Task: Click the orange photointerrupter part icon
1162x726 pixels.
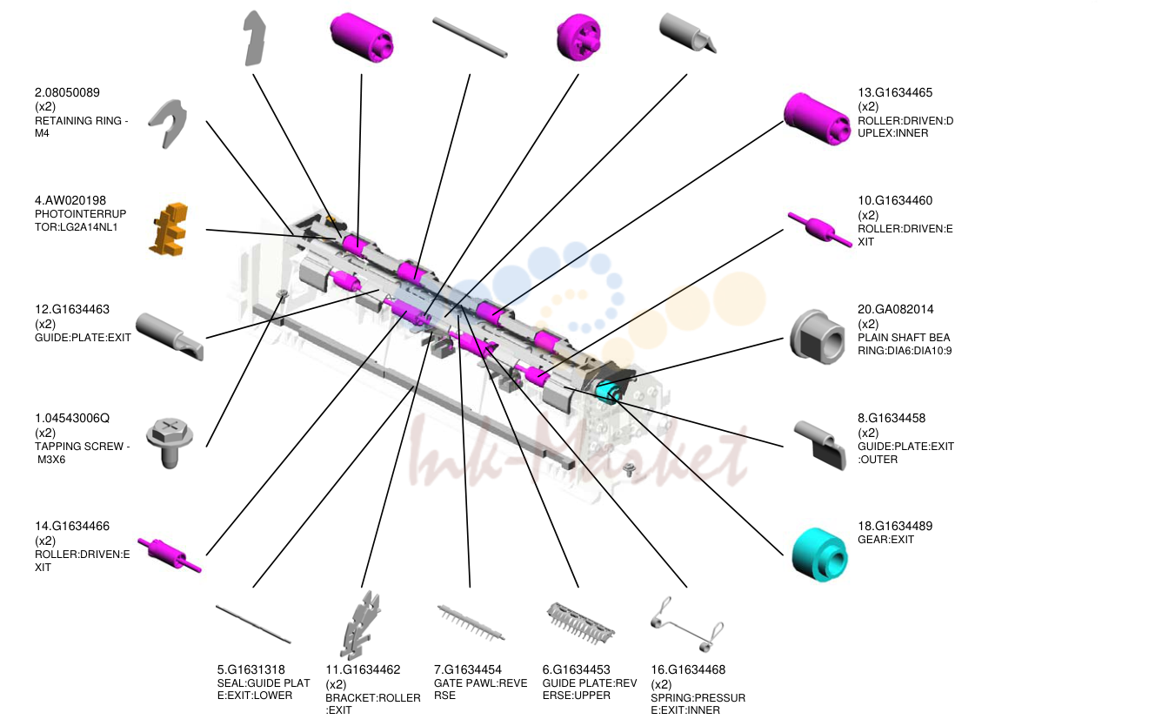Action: tap(169, 229)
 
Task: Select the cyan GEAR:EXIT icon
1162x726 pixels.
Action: tap(819, 555)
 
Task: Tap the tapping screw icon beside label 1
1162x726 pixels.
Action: tap(170, 442)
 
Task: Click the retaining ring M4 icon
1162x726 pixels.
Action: tap(168, 124)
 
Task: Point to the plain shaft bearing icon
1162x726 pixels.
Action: tap(817, 337)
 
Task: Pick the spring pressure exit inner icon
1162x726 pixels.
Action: tap(687, 625)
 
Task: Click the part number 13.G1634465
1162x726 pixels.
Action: tap(895, 92)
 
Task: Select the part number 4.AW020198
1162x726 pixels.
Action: tap(70, 200)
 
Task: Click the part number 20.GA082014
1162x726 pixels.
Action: tap(895, 309)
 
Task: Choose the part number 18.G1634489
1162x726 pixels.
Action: tap(895, 526)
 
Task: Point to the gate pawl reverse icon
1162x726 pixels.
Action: tap(471, 622)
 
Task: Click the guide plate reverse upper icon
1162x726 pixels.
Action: tap(580, 622)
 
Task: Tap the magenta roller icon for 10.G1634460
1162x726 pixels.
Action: tap(819, 230)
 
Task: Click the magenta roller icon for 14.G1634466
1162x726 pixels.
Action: tap(169, 555)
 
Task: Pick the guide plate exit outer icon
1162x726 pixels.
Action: tap(819, 445)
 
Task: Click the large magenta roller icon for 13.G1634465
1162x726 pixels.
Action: tap(817, 119)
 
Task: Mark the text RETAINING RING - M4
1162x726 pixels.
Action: tap(82, 127)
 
